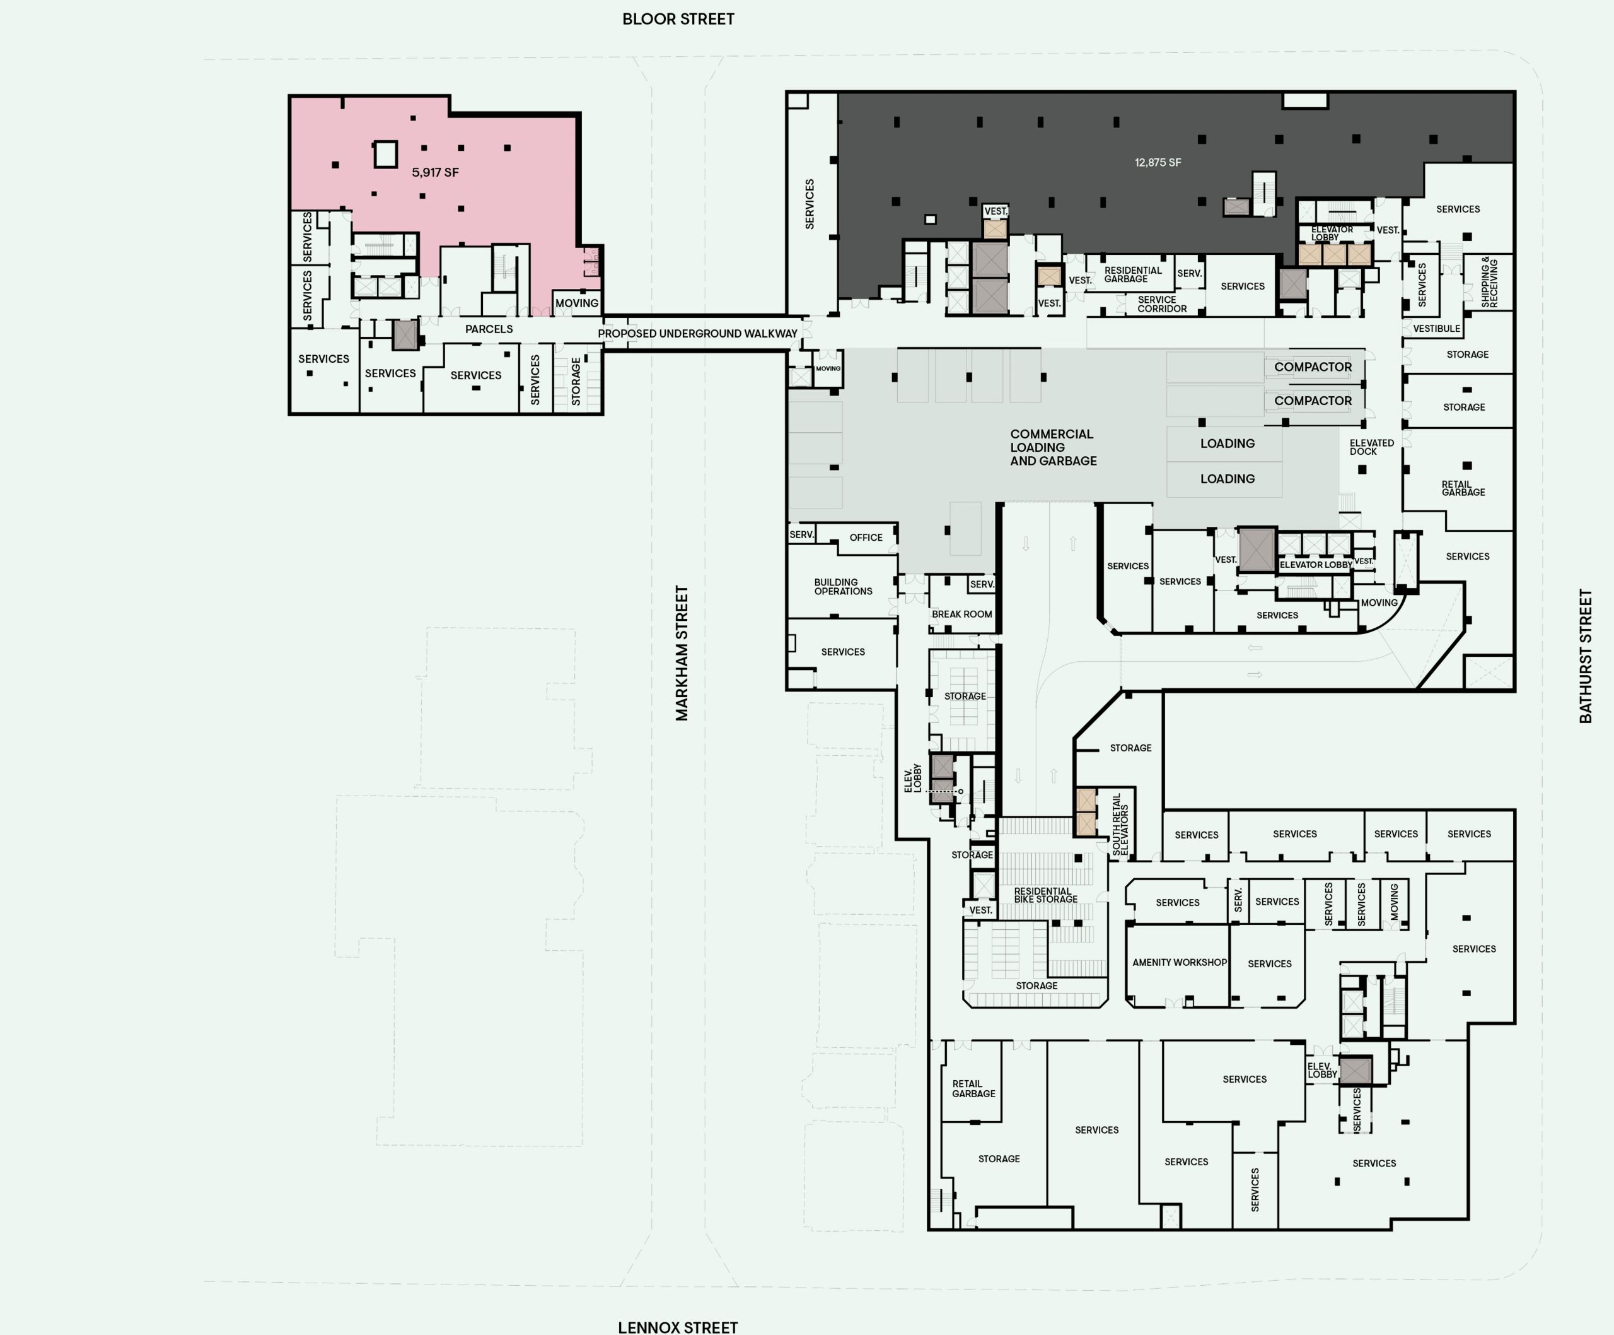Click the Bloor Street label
point(678,18)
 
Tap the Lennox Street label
point(678,1327)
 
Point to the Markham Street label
point(682,654)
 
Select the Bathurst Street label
point(1585,656)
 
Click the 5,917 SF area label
point(435,172)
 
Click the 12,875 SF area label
point(1158,162)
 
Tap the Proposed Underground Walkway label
point(697,334)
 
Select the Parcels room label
point(489,329)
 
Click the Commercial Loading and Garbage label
point(1053,447)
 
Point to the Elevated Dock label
point(1371,447)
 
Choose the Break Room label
point(961,615)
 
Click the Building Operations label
point(843,587)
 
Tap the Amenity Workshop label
point(1179,962)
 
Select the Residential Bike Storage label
point(1045,895)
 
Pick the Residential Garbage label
point(1133,274)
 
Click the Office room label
point(866,538)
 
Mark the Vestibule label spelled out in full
point(1436,328)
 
